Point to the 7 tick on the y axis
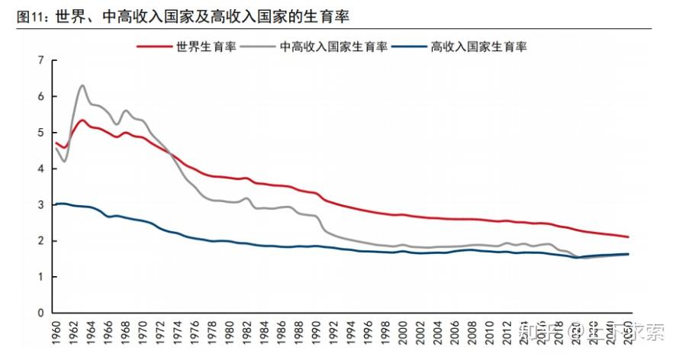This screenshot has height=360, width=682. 41,60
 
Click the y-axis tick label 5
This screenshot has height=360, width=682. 41,133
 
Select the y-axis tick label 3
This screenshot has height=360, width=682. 41,204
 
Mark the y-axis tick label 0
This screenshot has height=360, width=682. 41,313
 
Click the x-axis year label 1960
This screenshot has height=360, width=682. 56,333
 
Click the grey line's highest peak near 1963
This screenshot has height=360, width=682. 82,85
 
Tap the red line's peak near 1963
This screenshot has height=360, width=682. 82,120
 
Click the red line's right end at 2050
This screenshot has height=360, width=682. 629,236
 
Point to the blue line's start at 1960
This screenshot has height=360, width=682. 56,204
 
